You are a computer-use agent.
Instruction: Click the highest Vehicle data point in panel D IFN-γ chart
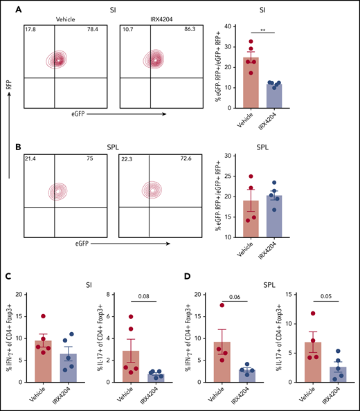[223, 305]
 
